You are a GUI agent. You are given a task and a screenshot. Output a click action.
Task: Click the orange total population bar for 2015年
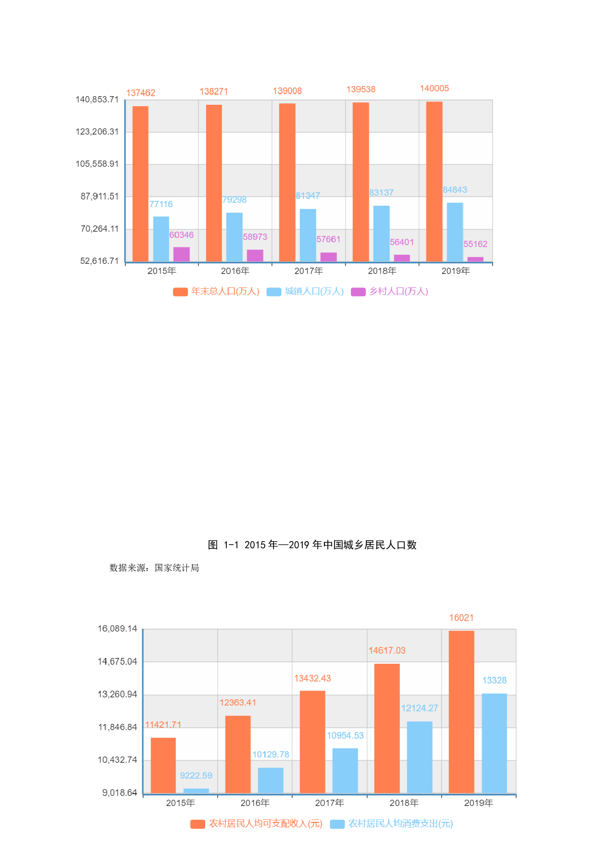tap(140, 184)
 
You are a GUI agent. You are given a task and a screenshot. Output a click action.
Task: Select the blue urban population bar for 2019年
tap(455, 232)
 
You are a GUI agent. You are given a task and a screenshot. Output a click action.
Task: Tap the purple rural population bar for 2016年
tap(255, 255)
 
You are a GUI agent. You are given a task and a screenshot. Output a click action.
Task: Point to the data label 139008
tap(287, 91)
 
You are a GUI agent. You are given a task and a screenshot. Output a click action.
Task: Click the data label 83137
tap(381, 193)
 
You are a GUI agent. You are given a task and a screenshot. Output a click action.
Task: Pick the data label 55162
tap(475, 244)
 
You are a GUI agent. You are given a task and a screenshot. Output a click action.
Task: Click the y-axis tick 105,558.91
tap(97, 164)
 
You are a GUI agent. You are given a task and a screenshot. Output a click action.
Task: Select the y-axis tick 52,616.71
tap(99, 261)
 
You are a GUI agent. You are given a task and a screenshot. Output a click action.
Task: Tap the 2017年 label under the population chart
tap(309, 271)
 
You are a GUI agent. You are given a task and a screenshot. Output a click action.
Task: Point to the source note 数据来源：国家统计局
tap(154, 568)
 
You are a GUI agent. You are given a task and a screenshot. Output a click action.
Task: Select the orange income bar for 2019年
tap(461, 711)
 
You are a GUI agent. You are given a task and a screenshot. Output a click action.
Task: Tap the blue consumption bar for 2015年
tap(196, 791)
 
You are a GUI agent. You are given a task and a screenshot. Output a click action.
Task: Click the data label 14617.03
tap(387, 650)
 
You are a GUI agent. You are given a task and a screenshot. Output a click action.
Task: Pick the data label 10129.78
tap(271, 755)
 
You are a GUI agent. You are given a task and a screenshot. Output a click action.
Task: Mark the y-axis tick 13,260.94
tap(117, 694)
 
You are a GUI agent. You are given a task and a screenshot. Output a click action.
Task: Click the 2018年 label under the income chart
tap(404, 803)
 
